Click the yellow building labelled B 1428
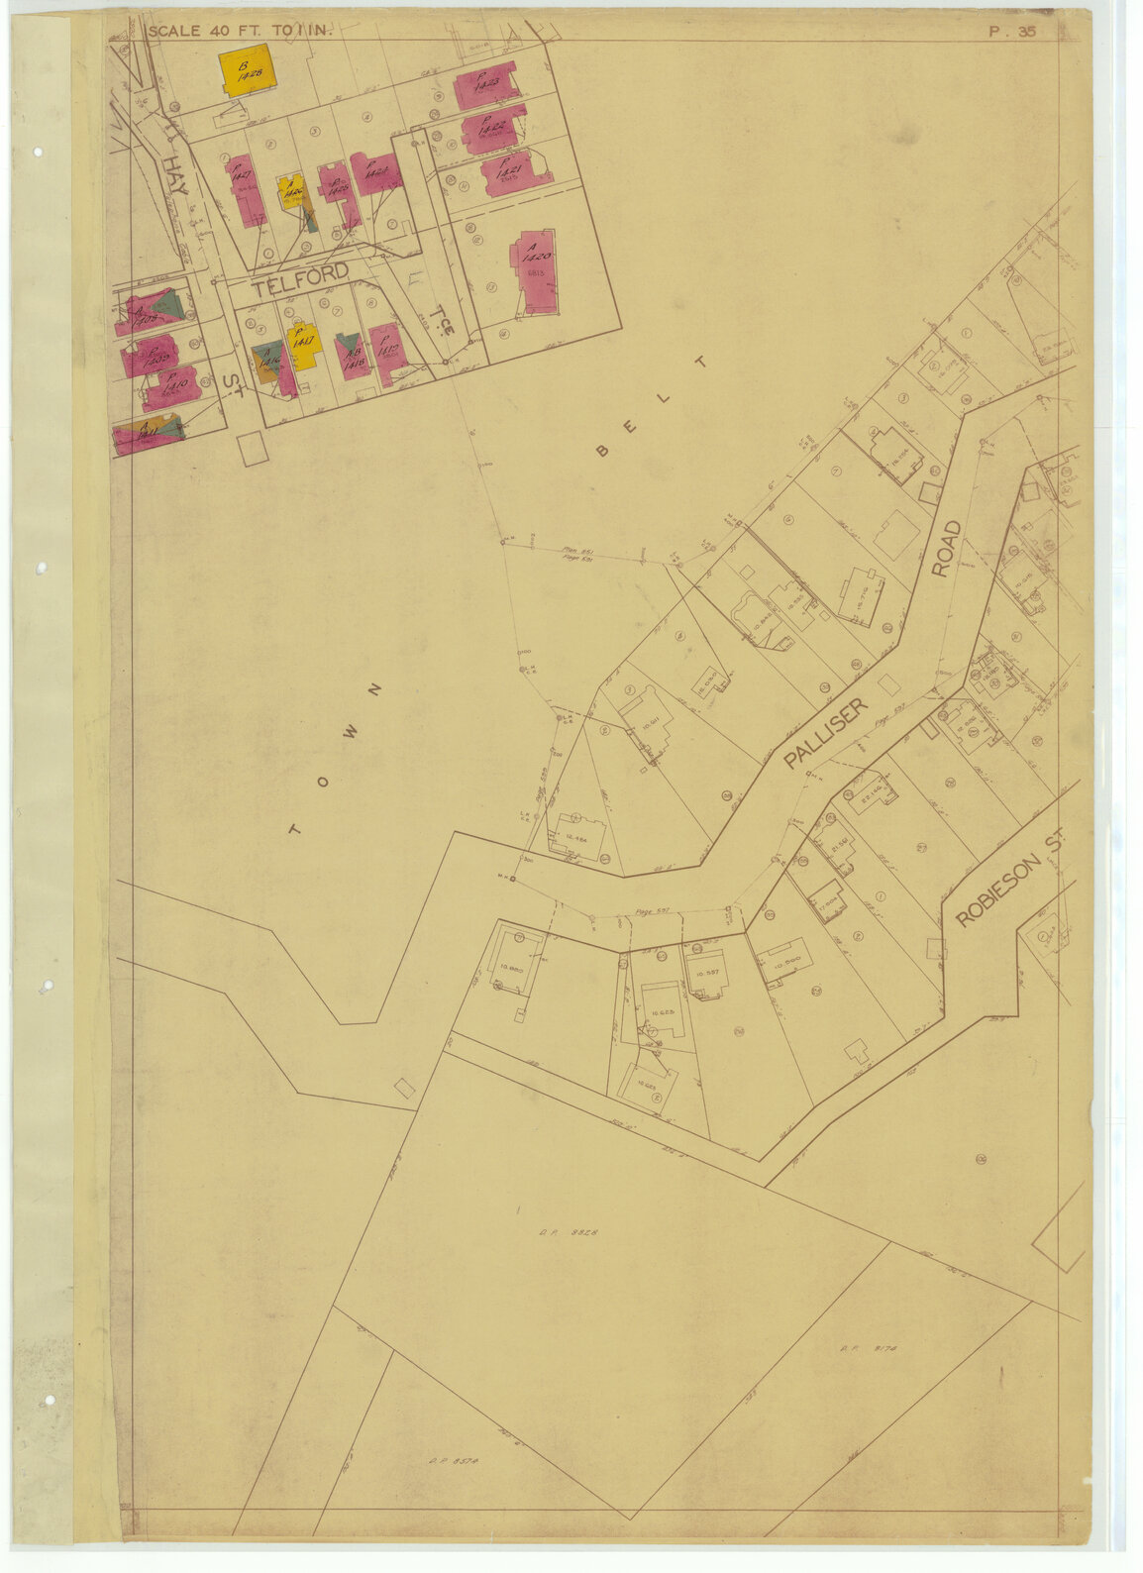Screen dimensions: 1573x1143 click(246, 69)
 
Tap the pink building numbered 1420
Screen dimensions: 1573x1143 click(533, 271)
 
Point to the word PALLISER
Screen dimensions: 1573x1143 click(825, 734)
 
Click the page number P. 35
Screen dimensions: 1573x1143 click(1012, 31)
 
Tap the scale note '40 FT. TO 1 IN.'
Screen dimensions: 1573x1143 click(244, 31)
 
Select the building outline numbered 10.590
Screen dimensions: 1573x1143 click(785, 958)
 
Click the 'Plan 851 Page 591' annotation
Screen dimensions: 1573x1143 click(577, 554)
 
